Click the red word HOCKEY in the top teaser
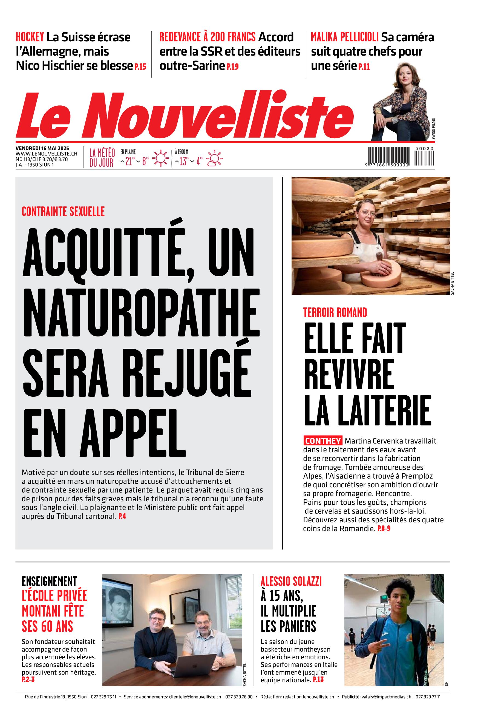click(x=30, y=37)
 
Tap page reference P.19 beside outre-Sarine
click(x=232, y=67)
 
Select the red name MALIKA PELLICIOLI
click(x=344, y=37)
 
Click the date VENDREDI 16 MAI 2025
click(x=42, y=148)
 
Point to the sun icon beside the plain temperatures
click(x=160, y=158)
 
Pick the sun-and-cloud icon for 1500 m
click(x=214, y=158)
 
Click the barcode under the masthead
click(x=401, y=156)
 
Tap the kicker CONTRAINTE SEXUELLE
click(x=63, y=212)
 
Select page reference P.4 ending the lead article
click(x=122, y=516)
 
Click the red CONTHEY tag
click(x=323, y=441)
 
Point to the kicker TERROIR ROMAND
click(x=335, y=313)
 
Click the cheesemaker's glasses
click(x=367, y=214)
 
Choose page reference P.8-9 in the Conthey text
click(x=384, y=528)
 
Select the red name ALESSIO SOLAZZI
click(x=291, y=581)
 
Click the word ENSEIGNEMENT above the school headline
click(x=49, y=581)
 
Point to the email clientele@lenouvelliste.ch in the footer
click(x=195, y=697)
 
